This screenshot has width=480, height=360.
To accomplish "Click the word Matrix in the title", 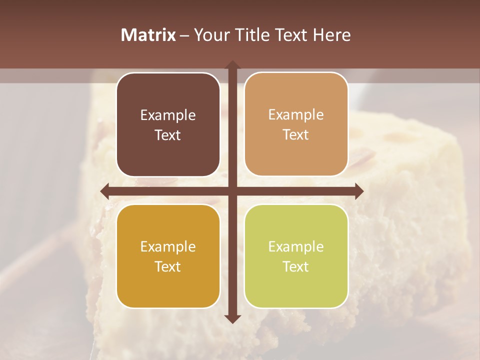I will click(148, 34).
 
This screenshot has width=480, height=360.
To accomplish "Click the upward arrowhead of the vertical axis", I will click(232, 65).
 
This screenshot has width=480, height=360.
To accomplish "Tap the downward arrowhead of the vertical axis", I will click(232, 318).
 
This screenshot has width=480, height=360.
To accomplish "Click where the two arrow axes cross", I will click(232, 191).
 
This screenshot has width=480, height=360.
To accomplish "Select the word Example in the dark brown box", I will click(168, 115).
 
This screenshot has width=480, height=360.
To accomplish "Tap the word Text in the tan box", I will click(296, 135).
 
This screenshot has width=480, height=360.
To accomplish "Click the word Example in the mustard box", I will click(168, 247).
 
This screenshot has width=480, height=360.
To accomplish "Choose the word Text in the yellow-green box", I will click(296, 266).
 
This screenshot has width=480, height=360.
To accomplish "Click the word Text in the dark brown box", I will click(168, 135).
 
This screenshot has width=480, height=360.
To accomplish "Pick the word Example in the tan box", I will click(296, 115).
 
